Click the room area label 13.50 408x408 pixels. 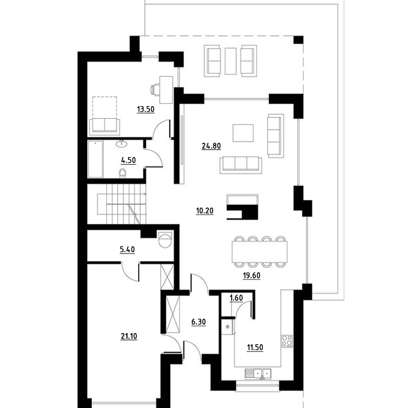tap(146, 109)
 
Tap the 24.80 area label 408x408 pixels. tap(211, 146)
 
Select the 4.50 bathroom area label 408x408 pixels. tap(129, 160)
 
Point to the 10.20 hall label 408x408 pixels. tap(205, 211)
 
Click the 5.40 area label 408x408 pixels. tap(127, 250)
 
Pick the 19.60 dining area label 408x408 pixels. tap(251, 275)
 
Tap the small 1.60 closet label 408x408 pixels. tap(236, 298)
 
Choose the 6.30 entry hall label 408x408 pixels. tap(198, 322)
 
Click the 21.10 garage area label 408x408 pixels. tap(129, 337)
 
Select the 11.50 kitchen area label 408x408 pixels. tap(255, 348)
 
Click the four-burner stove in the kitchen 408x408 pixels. tap(287, 341)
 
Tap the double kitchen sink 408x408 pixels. tap(258, 374)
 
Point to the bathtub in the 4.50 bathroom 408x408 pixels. tap(95, 159)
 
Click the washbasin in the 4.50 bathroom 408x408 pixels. tap(121, 143)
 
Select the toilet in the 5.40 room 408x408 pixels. tap(165, 239)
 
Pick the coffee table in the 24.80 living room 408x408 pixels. tap(243, 133)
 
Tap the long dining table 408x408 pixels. tap(260, 251)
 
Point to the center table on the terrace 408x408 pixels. tap(231, 61)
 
